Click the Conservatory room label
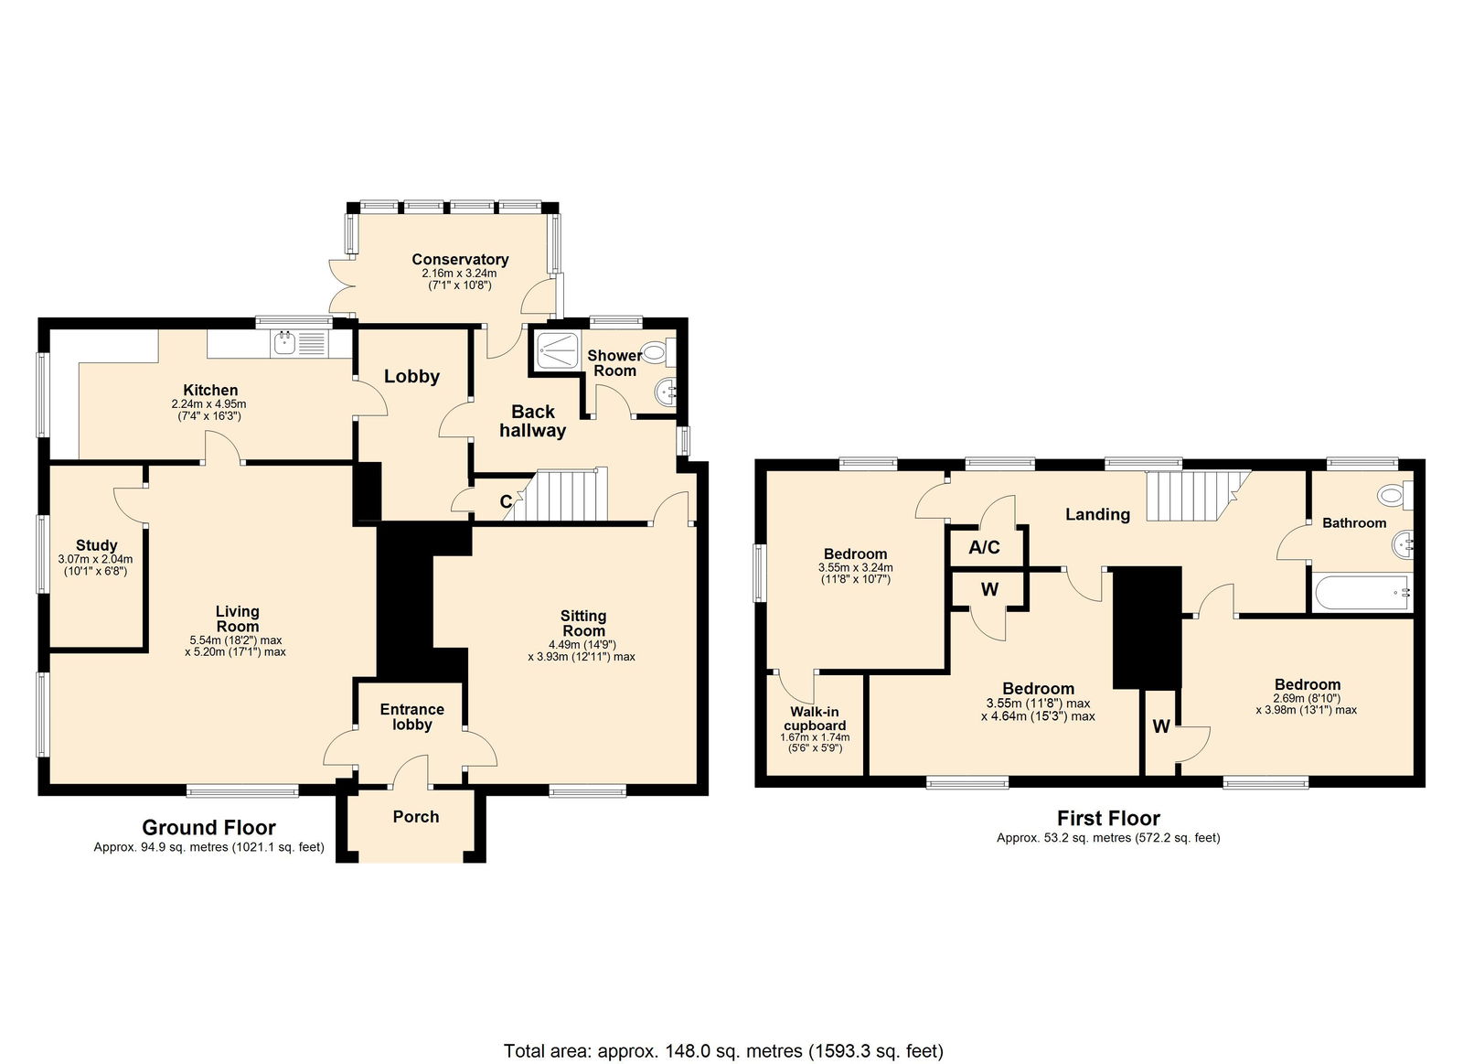coord(460,260)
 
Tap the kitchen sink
coord(302,342)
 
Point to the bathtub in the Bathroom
coord(1359,594)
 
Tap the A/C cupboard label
coord(984,547)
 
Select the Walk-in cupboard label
coord(815,718)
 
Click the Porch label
coord(415,817)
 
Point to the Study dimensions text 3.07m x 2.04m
coord(95,560)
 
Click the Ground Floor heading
coord(209,827)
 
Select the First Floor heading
coord(1108,818)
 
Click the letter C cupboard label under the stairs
coord(506,501)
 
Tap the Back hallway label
coord(533,421)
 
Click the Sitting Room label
coord(583,623)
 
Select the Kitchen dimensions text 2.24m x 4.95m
coord(209,403)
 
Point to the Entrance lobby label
coord(412,716)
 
